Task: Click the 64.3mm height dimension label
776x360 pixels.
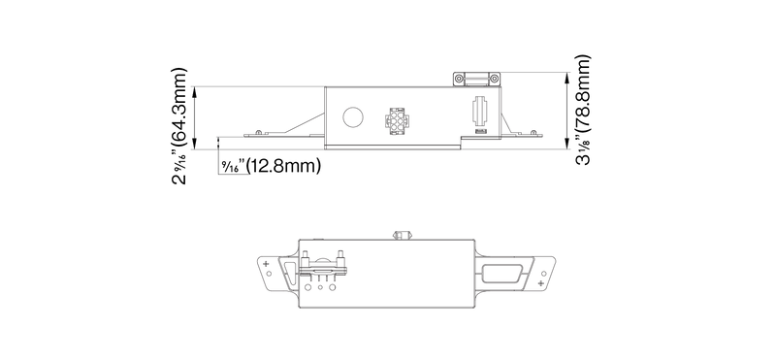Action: point(179,126)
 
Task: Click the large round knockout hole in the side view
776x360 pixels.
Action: point(353,117)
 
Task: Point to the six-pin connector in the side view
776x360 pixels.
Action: point(397,121)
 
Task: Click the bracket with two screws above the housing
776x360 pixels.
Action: point(476,80)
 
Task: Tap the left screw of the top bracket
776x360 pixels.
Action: point(460,79)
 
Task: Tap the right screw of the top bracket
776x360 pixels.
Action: point(494,79)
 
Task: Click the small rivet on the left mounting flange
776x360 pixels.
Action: point(258,132)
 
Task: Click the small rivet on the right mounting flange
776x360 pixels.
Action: point(533,132)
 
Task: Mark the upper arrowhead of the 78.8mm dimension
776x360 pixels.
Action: point(566,78)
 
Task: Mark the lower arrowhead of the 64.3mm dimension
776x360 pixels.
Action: point(195,144)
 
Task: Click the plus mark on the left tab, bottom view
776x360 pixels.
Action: point(267,263)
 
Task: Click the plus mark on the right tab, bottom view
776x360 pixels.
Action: point(541,282)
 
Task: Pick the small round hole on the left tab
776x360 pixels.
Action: point(269,274)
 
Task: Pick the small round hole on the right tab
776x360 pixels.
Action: point(544,274)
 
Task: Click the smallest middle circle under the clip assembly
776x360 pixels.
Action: point(321,287)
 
